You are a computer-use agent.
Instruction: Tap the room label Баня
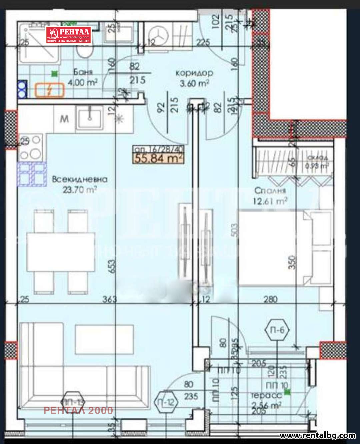coord(83,71)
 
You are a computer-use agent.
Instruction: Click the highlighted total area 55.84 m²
coord(159,158)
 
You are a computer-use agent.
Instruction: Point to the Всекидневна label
coord(80,179)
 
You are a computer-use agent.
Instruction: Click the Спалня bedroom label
coord(270,190)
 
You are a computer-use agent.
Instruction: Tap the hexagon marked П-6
coord(277,330)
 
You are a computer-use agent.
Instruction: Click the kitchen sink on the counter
coord(89,117)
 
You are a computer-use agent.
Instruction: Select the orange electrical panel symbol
coord(49,90)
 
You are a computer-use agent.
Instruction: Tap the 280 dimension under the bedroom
coord(270,299)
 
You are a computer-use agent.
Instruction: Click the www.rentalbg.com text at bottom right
coord(317,435)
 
